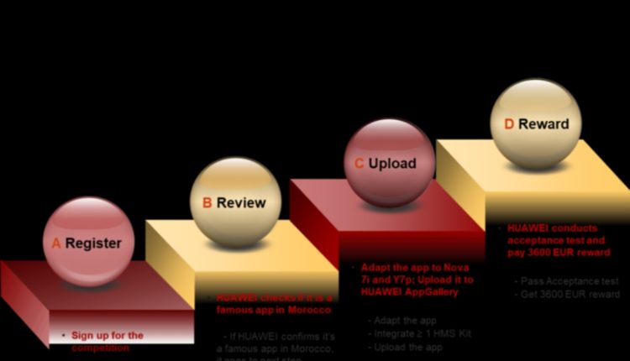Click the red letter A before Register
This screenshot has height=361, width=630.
pos(57,243)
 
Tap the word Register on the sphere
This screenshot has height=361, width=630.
pos(93,243)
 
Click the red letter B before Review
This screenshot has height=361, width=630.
pos(207,202)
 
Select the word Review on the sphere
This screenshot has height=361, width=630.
pos(241,202)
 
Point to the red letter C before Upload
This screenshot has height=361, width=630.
pos(359,163)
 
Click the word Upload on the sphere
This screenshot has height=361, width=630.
pos(392,163)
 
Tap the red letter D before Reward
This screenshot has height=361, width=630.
pos(509,124)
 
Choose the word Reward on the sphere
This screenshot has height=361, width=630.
pos(543,124)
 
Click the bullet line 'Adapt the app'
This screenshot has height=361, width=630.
pos(398,320)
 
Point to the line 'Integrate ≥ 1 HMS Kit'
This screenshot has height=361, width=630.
pos(419,333)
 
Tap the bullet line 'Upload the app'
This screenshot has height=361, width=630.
pos(405,347)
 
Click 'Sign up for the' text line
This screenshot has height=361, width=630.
pos(107,335)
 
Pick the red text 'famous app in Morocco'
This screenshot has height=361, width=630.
pos(263,311)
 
